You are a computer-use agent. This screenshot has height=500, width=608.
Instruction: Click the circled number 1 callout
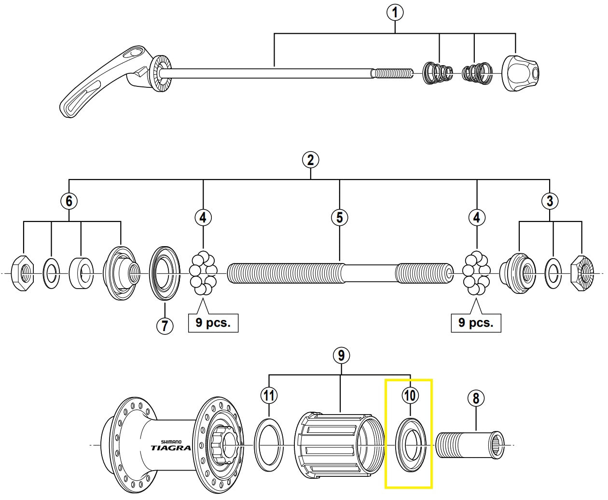pyautogui.click(x=395, y=13)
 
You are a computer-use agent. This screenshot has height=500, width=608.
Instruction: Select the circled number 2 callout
pyautogui.click(x=310, y=159)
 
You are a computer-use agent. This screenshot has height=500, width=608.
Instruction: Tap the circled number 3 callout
pyautogui.click(x=550, y=201)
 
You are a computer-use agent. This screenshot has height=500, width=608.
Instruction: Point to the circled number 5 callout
pyautogui.click(x=340, y=218)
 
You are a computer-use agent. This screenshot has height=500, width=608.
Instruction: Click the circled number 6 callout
pyautogui.click(x=69, y=201)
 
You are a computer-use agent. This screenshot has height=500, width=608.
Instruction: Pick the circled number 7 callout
pyautogui.click(x=165, y=326)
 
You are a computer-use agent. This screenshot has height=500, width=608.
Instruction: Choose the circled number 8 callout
pyautogui.click(x=476, y=398)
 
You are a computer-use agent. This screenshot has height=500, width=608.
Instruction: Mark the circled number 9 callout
pyautogui.click(x=341, y=356)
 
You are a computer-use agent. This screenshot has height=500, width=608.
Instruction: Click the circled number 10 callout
pyautogui.click(x=409, y=396)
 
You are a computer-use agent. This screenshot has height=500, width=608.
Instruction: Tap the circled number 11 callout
pyautogui.click(x=269, y=396)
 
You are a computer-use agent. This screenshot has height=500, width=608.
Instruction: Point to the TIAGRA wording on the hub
pyautogui.click(x=170, y=447)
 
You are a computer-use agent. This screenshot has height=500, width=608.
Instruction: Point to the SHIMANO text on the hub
pyautogui.click(x=171, y=441)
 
